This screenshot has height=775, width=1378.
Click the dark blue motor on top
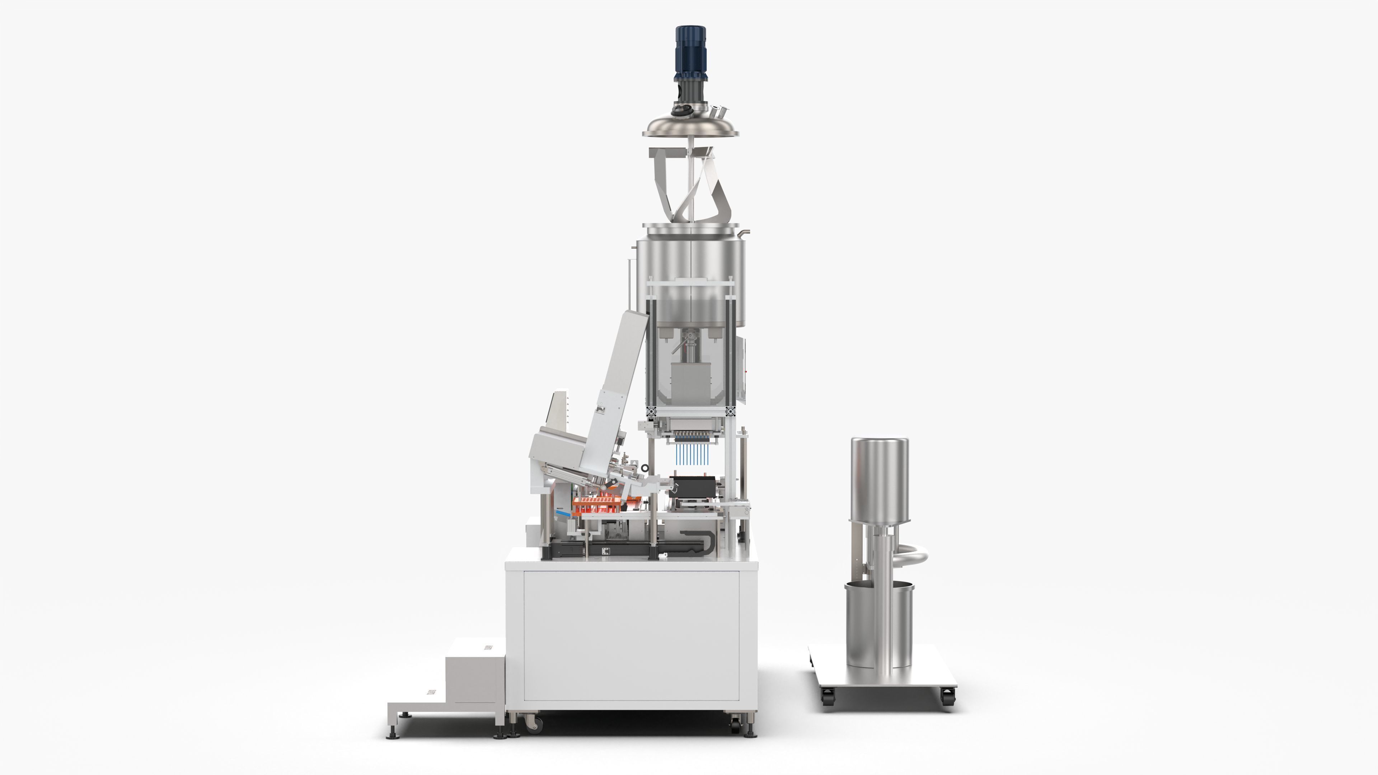(x=690, y=53)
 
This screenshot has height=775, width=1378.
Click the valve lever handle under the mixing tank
(x=680, y=345)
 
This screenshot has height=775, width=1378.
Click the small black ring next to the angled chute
(x=645, y=468)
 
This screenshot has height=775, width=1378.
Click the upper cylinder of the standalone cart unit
(x=880, y=479)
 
